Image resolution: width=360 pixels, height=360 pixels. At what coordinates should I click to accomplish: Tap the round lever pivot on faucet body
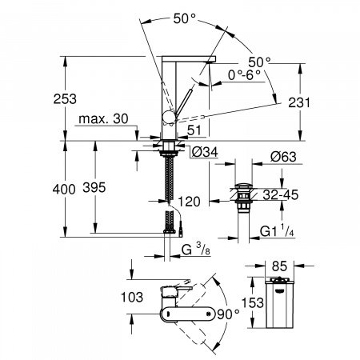(x=167, y=118)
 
